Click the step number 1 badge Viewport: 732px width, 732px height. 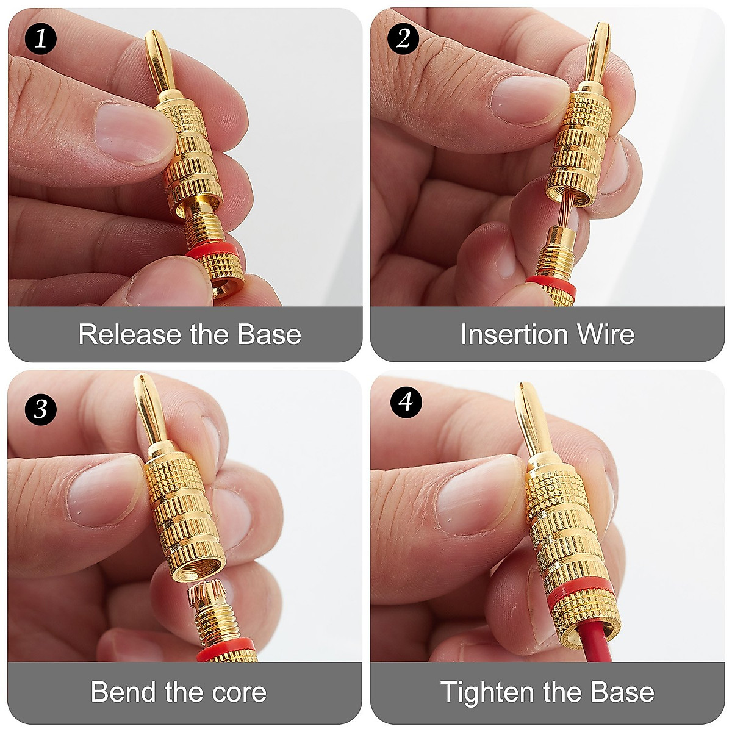tap(40, 40)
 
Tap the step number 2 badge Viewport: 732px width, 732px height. tap(403, 39)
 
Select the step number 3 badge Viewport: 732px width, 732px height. tap(40, 409)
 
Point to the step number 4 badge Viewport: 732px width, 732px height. tap(406, 402)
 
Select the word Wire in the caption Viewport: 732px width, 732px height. tap(606, 335)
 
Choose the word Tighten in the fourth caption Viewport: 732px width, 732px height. tap(487, 692)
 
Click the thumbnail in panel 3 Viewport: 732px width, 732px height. tap(101, 491)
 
